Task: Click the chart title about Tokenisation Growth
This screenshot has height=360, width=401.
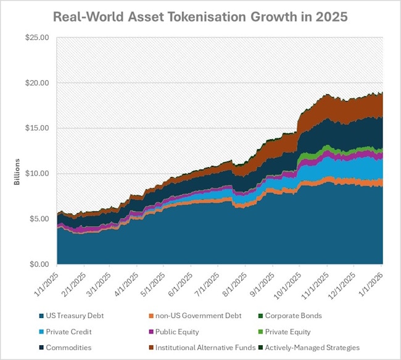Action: coord(200,16)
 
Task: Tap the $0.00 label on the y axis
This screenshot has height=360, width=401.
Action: coord(38,264)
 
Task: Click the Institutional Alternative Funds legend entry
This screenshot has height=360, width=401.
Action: coord(210,348)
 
